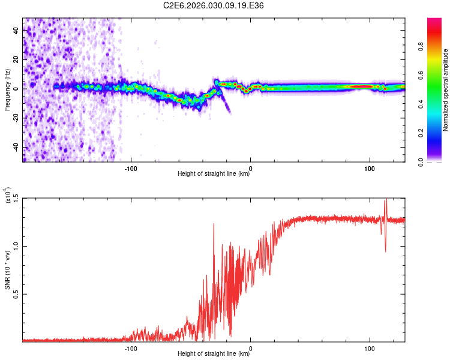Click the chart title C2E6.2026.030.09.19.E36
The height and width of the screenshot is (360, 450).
[x=214, y=5]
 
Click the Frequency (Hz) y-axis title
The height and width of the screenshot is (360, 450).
[x=7, y=89]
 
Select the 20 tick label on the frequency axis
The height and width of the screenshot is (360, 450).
[x=16, y=59]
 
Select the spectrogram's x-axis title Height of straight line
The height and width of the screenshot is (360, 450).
[x=214, y=175]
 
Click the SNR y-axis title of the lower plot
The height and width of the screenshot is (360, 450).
[x=7, y=269]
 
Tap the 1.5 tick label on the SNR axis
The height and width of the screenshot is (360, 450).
[x=16, y=198]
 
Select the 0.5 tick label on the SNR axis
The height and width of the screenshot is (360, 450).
[x=16, y=294]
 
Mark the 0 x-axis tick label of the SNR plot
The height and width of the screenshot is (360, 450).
[x=250, y=347]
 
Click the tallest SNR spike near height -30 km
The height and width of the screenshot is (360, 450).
[x=214, y=224]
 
